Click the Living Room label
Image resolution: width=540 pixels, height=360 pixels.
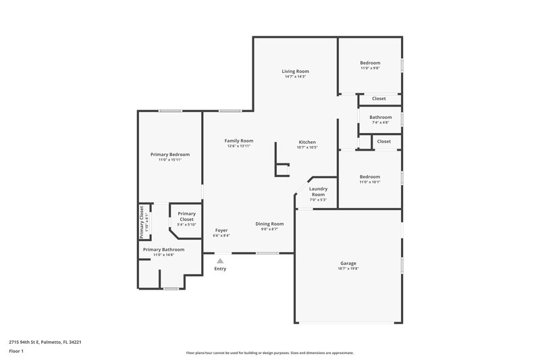[x=295, y=71]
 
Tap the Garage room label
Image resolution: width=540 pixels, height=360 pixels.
[x=348, y=263]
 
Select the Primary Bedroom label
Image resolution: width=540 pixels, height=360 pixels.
[x=170, y=154]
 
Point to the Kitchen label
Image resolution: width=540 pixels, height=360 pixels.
[x=307, y=142]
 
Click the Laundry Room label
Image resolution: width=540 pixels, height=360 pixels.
[x=318, y=192]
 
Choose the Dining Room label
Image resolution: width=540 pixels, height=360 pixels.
[x=269, y=224]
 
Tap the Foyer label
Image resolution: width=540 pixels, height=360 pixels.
[x=221, y=230]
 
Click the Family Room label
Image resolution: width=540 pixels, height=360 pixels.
[x=239, y=140]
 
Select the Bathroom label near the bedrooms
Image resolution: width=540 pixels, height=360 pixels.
[x=380, y=117]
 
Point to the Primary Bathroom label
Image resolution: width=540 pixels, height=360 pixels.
[x=163, y=249]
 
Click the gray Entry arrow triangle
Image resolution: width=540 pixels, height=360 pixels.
[x=220, y=259]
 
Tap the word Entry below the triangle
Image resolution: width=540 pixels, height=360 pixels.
[x=220, y=269]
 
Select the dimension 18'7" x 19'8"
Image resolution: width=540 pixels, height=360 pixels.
[x=348, y=268]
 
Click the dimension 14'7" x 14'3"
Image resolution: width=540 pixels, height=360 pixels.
[x=295, y=76]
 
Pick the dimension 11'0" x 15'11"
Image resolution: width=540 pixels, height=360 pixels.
[x=170, y=159]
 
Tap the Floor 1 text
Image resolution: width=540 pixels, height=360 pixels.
[x=17, y=351]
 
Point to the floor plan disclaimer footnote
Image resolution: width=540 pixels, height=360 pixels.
[x=269, y=353]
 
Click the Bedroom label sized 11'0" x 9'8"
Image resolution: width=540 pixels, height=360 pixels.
[x=370, y=63]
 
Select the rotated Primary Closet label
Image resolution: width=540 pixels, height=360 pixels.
[x=142, y=222]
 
